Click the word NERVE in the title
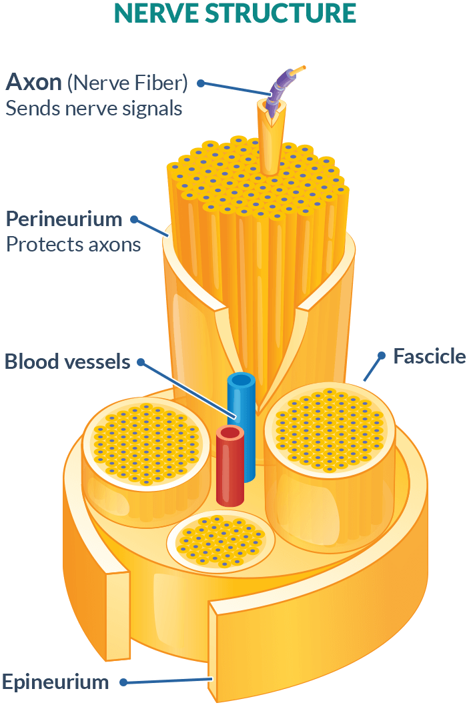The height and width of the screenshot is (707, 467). pyautogui.click(x=149, y=13)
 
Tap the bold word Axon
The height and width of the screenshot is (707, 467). pyautogui.click(x=34, y=82)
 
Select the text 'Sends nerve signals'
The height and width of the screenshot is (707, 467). pyautogui.click(x=94, y=108)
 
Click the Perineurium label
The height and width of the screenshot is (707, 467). pyautogui.click(x=64, y=219)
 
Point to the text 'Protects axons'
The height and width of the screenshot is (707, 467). pyautogui.click(x=73, y=244)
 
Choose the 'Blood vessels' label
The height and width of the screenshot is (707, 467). pyautogui.click(x=67, y=362)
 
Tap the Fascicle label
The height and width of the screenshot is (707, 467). pyautogui.click(x=429, y=356)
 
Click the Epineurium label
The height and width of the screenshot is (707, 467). pyautogui.click(x=55, y=682)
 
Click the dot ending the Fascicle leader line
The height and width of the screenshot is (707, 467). pyautogui.click(x=382, y=354)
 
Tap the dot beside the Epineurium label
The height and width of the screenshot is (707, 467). pyautogui.click(x=123, y=682)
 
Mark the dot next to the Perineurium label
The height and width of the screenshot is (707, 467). pyautogui.click(x=134, y=219)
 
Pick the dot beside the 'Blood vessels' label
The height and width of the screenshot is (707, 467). pyautogui.click(x=141, y=362)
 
